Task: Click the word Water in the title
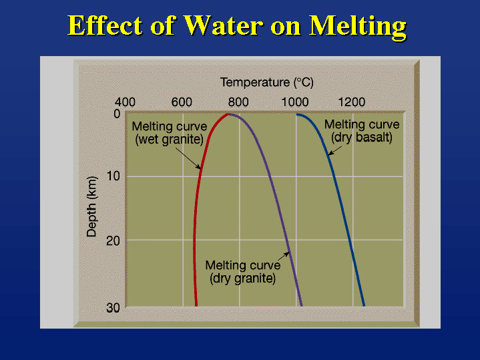[223, 25]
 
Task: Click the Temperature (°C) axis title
[266, 82]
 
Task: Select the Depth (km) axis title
[91, 207]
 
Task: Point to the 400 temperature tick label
[125, 102]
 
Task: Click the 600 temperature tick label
[182, 102]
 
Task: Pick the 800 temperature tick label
[238, 102]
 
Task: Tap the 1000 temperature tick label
[295, 102]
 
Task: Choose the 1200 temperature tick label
[351, 102]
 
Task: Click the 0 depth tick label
[117, 114]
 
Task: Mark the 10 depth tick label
[113, 176]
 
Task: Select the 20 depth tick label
[113, 241]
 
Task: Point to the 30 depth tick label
[113, 308]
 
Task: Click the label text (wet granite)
[170, 140]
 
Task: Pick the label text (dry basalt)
[362, 138]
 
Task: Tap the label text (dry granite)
[243, 279]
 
